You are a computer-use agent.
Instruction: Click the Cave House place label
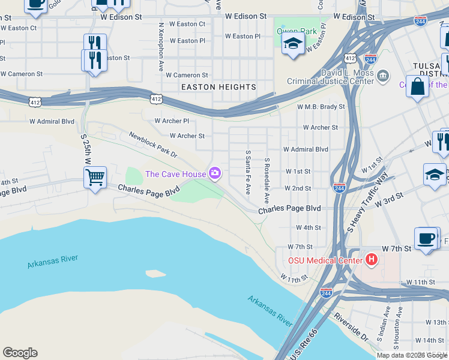(x=175, y=174)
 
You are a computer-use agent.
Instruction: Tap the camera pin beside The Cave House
(x=215, y=174)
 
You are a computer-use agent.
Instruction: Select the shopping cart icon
(x=95, y=178)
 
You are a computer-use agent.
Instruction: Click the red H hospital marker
(x=372, y=260)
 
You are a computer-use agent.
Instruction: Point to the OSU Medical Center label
(x=325, y=260)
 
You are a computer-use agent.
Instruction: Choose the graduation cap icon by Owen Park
(x=292, y=44)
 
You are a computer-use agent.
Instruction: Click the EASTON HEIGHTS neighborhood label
(x=218, y=87)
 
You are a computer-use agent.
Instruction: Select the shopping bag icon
(x=417, y=86)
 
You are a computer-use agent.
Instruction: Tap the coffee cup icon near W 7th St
(x=426, y=238)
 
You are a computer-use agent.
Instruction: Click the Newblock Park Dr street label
(x=153, y=145)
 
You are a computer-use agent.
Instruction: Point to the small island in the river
(x=155, y=274)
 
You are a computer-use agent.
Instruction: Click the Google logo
(x=20, y=353)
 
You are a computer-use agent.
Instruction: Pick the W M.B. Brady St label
(x=321, y=107)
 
